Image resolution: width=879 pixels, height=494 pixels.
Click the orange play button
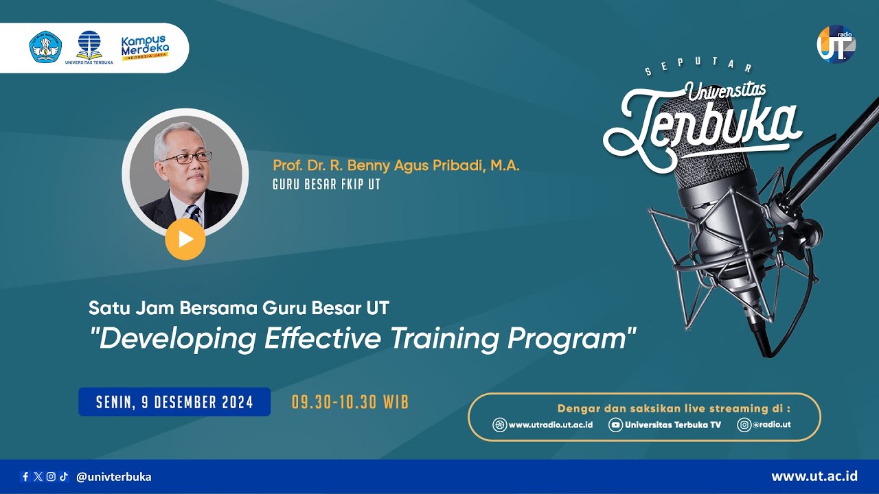pyautogui.click(x=185, y=239)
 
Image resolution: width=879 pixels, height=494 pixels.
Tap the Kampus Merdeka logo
pyautogui.click(x=145, y=48)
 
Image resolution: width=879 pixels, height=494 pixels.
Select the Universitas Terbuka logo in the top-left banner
pyautogui.click(x=89, y=47)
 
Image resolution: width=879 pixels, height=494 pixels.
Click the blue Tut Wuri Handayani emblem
pyautogui.click(x=45, y=47)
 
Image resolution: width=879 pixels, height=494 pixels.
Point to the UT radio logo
pyautogui.click(x=836, y=45)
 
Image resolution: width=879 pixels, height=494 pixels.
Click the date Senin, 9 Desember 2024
pyautogui.click(x=174, y=402)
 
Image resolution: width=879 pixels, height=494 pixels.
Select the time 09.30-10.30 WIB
pyautogui.click(x=350, y=402)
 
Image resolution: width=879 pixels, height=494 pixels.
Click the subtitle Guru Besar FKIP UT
pyautogui.click(x=326, y=185)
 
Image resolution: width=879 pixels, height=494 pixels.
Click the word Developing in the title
pyautogui.click(x=179, y=338)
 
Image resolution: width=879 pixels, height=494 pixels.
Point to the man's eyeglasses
pyautogui.click(x=186, y=158)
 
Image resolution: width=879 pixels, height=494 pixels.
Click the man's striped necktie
pyautogui.click(x=194, y=214)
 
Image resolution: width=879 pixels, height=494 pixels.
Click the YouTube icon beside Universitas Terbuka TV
pyautogui.click(x=616, y=425)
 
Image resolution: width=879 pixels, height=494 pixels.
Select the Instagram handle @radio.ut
pyautogui.click(x=771, y=425)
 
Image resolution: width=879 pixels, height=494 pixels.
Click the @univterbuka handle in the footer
pyautogui.click(x=114, y=477)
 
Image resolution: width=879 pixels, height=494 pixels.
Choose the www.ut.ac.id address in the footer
pyautogui.click(x=814, y=476)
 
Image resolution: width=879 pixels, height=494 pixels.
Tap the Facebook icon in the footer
pyautogui.click(x=26, y=477)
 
